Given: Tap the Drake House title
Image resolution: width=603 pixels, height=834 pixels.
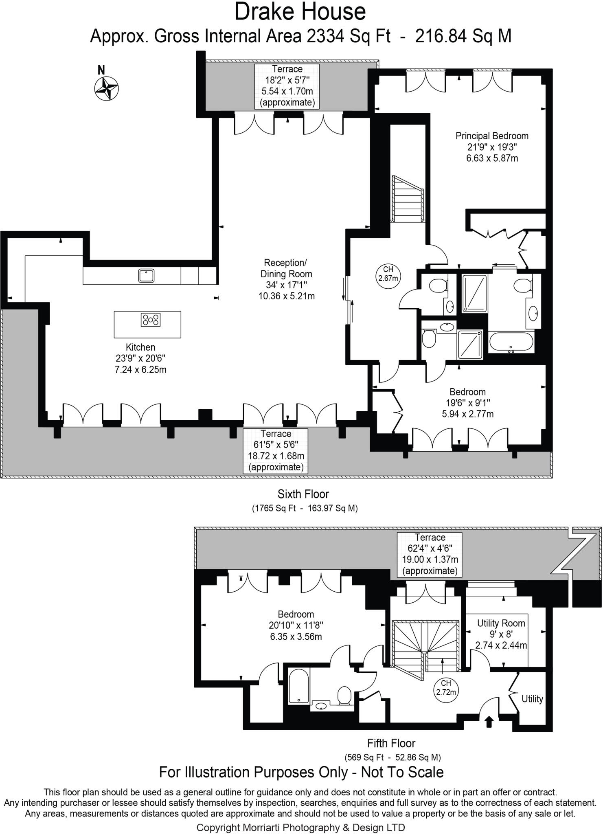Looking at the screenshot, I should click(300, 12).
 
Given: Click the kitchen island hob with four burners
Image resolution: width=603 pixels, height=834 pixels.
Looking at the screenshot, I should click(150, 320).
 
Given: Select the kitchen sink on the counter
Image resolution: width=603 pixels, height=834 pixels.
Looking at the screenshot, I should click(146, 276).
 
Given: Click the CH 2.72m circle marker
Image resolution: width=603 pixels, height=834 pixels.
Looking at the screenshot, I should click(446, 687).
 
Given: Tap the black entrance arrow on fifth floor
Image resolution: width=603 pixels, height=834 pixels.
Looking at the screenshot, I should click(489, 722).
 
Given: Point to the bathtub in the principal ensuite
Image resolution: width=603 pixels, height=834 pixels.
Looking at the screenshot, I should click(511, 342).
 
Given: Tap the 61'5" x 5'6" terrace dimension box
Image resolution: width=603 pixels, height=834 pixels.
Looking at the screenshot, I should click(276, 451).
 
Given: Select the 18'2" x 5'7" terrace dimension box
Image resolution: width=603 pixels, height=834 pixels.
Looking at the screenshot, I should click(287, 86).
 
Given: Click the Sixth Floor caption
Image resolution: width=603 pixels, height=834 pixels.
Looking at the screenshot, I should click(303, 494).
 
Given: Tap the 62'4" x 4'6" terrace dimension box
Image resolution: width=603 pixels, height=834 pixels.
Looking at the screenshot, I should click(430, 554).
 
